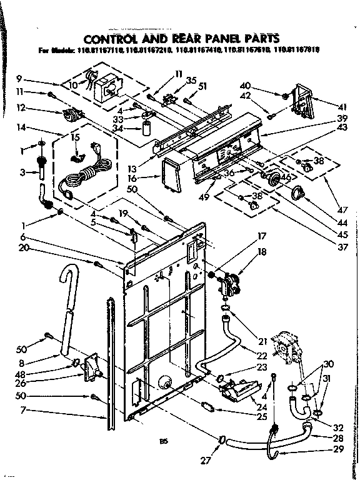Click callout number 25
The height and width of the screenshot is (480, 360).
pyautogui.click(x=262, y=416)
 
